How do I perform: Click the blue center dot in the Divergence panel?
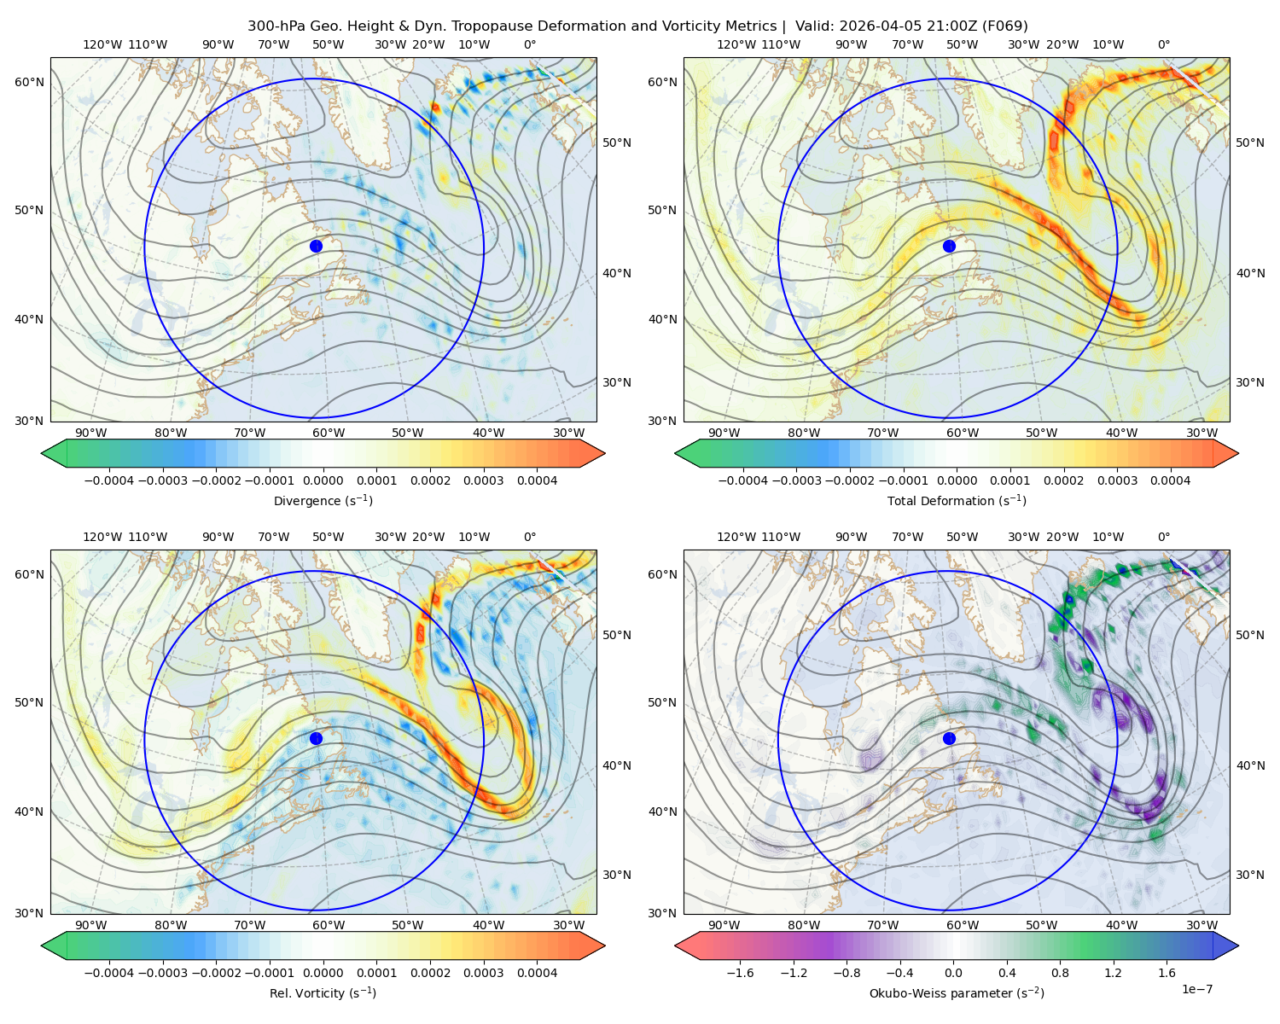click(x=316, y=247)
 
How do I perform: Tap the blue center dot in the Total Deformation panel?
click(x=949, y=247)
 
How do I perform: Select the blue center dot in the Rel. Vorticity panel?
click(x=316, y=738)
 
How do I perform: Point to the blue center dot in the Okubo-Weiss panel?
click(x=949, y=738)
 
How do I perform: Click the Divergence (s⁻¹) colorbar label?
click(x=323, y=500)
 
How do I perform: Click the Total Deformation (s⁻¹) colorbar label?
click(x=957, y=500)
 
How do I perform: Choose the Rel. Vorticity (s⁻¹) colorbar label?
click(x=323, y=993)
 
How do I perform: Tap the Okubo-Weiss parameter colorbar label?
click(x=957, y=993)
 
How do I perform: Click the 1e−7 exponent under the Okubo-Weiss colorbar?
click(x=1196, y=989)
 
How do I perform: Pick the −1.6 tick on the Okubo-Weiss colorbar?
click(x=740, y=973)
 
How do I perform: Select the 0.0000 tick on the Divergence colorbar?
click(x=323, y=480)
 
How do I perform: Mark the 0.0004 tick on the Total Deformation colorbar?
click(x=1170, y=480)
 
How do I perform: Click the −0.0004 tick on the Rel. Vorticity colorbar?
click(x=109, y=973)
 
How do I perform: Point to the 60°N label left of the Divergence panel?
click(x=29, y=82)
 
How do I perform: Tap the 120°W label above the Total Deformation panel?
click(x=736, y=44)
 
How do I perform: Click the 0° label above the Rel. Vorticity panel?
click(x=530, y=537)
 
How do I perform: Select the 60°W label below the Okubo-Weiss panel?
click(x=962, y=925)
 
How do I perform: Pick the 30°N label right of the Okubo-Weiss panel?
click(x=1249, y=875)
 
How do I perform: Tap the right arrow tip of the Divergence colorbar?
click(x=605, y=453)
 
